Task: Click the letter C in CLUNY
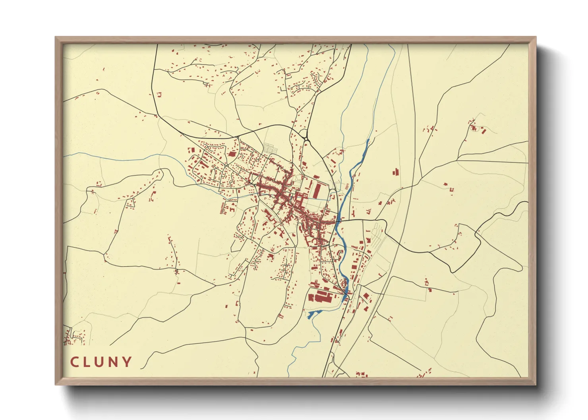[x=75, y=362]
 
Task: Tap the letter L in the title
[x=88, y=362]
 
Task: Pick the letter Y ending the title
[x=127, y=362]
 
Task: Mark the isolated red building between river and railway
[x=396, y=172]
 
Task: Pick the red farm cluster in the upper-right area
[x=475, y=127]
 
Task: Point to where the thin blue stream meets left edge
[x=64, y=156]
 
